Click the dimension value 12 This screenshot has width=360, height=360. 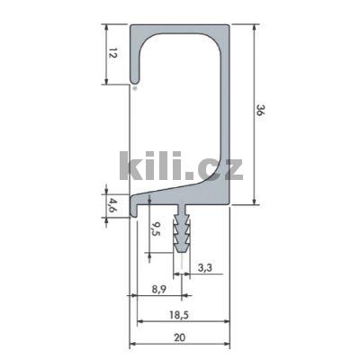coord(112,54)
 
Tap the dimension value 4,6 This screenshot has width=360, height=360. coord(112,202)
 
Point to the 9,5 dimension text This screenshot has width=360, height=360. coord(156,230)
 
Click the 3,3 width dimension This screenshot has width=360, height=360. coord(204,267)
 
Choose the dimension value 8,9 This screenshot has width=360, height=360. coord(157,289)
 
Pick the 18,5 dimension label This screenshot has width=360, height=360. coord(179,315)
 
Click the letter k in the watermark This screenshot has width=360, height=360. coord(130,165)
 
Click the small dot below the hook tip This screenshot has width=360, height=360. coord(135,89)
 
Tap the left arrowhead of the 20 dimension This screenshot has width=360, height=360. coord(132,345)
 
